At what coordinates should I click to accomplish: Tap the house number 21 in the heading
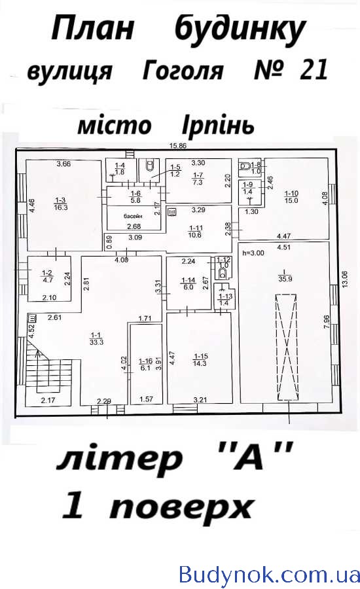click(314, 69)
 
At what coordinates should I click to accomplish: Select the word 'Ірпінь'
click(218, 126)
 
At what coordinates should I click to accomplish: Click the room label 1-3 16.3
click(60, 204)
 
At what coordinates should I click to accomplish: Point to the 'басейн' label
click(134, 217)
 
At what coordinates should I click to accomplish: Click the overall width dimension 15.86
click(178, 146)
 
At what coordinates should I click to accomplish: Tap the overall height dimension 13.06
click(346, 279)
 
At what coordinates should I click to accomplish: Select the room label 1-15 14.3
click(200, 360)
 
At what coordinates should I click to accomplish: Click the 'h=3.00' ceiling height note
click(253, 253)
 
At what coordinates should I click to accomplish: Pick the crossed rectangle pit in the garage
click(287, 348)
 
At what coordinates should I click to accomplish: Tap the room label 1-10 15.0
click(291, 197)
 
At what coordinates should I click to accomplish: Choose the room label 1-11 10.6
click(196, 232)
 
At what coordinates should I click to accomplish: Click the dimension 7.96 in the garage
click(326, 322)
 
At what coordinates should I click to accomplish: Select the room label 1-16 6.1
click(145, 365)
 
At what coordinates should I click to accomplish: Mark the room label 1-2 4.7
click(47, 277)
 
